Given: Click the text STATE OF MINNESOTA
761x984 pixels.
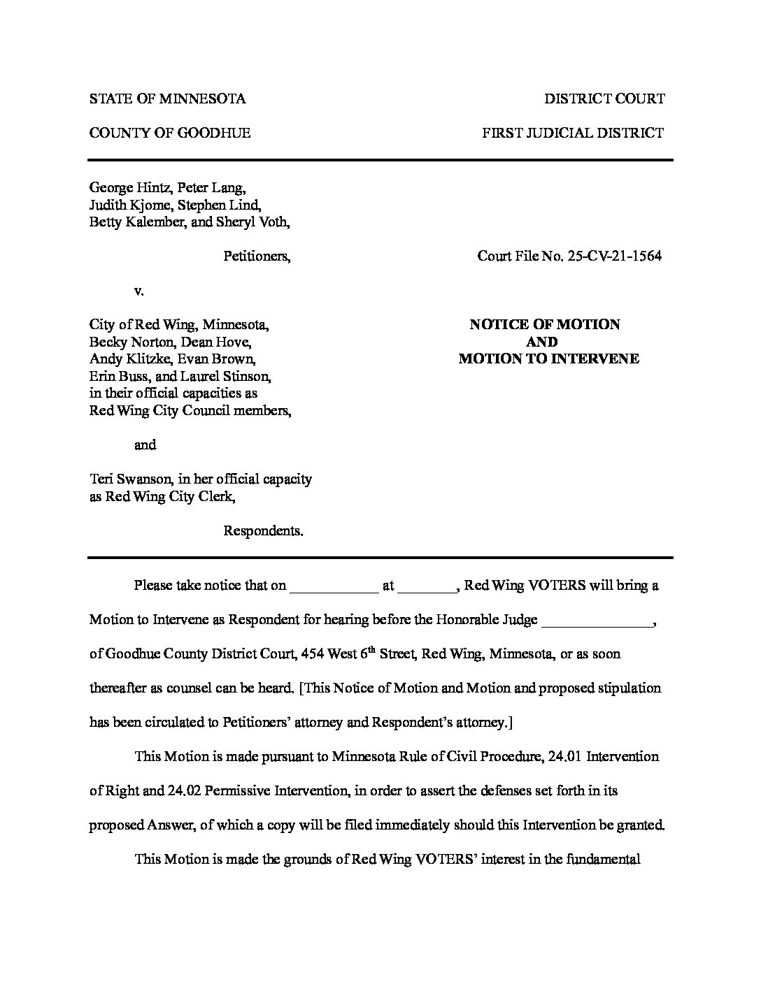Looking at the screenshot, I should (167, 99).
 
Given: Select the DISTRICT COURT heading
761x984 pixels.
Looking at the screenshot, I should (604, 99).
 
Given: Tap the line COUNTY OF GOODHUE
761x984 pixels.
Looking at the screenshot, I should (169, 133).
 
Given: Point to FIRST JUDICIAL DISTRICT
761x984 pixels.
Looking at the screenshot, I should (573, 133).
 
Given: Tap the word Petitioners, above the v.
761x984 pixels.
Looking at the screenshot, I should (257, 256).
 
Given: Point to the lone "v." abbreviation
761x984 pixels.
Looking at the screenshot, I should (138, 291).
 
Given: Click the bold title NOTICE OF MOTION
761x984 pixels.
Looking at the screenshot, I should (544, 324).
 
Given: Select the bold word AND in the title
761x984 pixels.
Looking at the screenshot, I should (542, 342).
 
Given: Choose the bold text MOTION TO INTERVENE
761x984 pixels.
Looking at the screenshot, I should (548, 359).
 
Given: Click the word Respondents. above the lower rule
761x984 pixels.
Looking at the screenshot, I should (263, 531).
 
